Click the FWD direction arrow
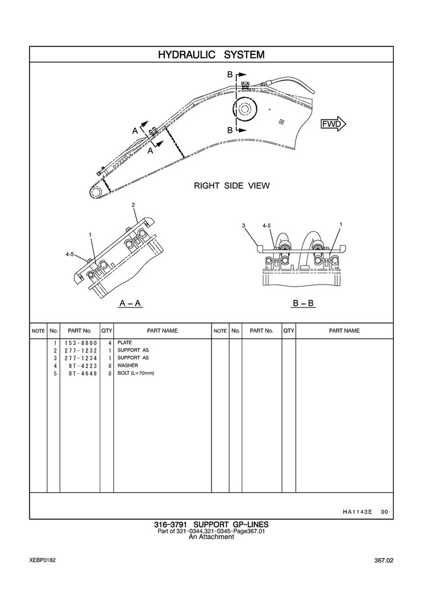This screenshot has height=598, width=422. [334, 124]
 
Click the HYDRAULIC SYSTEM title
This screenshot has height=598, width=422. [212, 54]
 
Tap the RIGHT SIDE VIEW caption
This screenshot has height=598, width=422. [232, 186]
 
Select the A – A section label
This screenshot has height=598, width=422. [130, 303]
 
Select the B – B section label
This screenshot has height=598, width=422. [303, 303]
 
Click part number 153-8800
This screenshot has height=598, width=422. [80, 343]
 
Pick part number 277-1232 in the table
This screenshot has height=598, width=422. [80, 351]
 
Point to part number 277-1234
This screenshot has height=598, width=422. [80, 358]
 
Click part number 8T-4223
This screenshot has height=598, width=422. [83, 366]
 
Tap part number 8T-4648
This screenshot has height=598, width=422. [83, 373]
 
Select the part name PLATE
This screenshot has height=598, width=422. [125, 343]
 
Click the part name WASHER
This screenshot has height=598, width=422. [128, 365]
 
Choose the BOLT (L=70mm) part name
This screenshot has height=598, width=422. [136, 373]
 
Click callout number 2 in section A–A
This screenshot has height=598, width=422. [133, 205]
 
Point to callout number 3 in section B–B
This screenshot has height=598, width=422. [243, 225]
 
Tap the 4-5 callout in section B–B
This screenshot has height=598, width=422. [267, 225]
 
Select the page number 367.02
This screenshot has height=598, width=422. [383, 561]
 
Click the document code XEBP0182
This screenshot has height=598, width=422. [42, 560]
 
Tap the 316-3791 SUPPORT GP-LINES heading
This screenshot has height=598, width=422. [211, 525]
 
